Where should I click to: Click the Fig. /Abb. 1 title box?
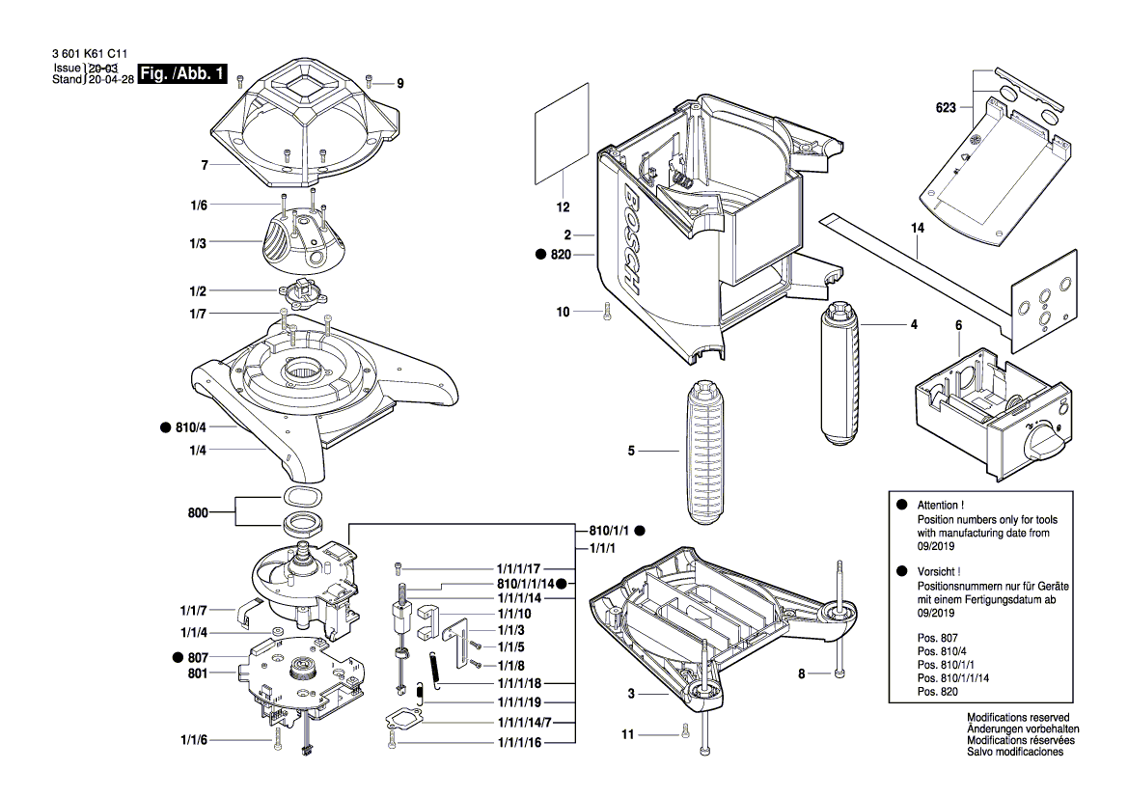[x=185, y=74]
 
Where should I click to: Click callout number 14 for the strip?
[x=917, y=228]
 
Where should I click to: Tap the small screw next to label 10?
[x=606, y=312]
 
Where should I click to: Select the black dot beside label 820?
[x=541, y=254]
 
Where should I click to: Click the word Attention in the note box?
[x=938, y=506]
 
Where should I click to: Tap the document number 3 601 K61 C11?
[x=80, y=55]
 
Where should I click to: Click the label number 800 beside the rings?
[x=199, y=512]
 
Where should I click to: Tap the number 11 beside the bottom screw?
[x=628, y=735]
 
